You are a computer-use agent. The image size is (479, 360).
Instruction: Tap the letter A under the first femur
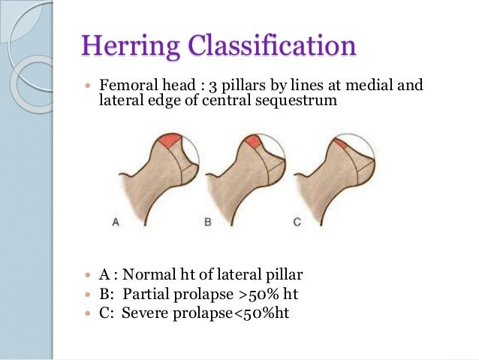coord(116,222)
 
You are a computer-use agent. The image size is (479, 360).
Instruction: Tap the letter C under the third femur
coord(297,222)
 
